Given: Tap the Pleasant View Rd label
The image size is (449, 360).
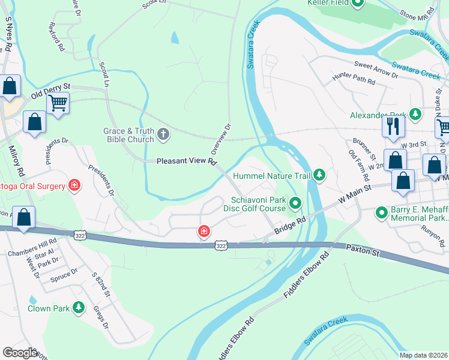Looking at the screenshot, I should (x=185, y=161).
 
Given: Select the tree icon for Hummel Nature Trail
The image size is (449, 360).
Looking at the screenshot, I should (x=320, y=175).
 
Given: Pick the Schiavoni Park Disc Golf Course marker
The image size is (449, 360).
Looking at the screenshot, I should (x=295, y=204).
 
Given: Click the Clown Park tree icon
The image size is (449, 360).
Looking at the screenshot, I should (x=78, y=308).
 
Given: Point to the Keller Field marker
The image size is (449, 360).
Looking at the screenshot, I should (x=358, y=4).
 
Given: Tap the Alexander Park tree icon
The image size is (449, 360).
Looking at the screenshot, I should (x=415, y=113).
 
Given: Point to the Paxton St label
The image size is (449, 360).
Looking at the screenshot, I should (x=363, y=250).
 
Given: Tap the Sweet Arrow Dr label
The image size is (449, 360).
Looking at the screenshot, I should (x=376, y=70).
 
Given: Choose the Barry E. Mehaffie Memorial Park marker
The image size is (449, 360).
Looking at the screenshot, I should (x=381, y=212).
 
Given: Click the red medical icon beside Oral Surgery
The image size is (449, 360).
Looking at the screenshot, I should (x=74, y=185).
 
